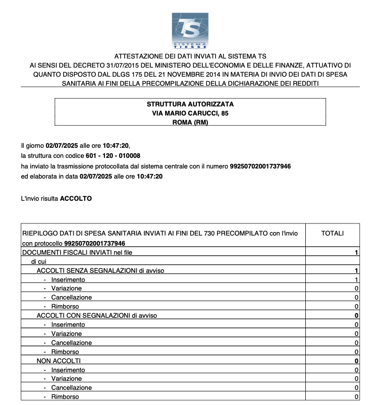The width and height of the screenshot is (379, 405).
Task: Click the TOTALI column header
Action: coord(332,233)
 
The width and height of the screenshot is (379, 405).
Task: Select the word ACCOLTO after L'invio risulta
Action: coord(76,199)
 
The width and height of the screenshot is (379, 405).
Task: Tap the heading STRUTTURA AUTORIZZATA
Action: coord(190,104)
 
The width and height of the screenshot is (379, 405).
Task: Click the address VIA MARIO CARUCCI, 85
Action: coord(190,113)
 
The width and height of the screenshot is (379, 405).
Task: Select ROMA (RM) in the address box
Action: coord(190,123)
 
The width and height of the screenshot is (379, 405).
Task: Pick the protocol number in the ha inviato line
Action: coord(260,166)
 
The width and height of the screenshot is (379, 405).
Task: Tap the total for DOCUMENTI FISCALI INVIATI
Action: coord(356,252)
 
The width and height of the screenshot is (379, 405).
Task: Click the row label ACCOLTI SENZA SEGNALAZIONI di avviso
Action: coord(100,271)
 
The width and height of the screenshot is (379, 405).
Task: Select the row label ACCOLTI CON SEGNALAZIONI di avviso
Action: coord(97,316)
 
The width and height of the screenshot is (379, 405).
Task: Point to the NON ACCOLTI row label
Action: coord(59,361)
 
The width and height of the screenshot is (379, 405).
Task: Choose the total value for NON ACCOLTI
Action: coord(356,361)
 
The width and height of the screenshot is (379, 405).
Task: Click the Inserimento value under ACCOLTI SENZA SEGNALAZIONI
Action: coord(356,279)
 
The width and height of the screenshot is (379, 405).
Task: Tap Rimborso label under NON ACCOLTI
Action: coord(65,397)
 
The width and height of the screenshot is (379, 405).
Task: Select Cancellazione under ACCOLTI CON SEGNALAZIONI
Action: coord(71,343)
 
